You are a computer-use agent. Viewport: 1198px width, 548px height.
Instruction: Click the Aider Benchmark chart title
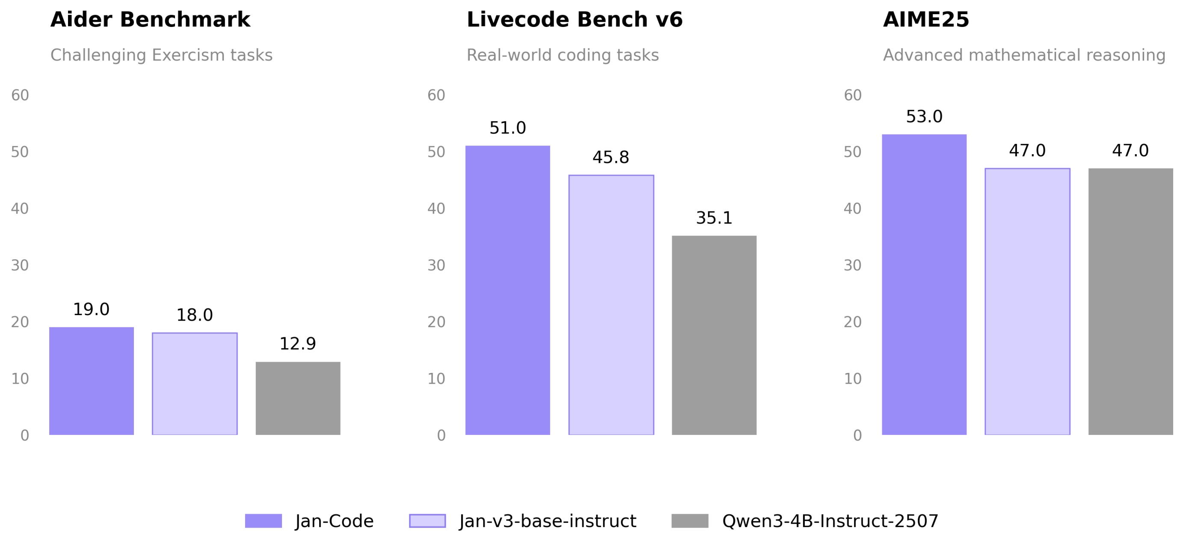[150, 20]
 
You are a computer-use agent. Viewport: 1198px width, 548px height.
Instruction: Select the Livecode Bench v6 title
[574, 20]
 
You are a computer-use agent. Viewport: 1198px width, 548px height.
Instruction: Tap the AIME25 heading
[926, 20]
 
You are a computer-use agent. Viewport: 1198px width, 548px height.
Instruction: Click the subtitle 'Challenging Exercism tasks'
[161, 55]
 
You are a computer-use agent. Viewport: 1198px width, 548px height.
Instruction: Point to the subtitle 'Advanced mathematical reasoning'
[1024, 55]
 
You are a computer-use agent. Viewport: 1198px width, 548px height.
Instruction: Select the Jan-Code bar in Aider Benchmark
[92, 381]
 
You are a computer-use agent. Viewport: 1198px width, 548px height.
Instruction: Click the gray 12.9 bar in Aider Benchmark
[298, 398]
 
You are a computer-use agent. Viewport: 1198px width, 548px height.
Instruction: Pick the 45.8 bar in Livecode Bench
[611, 305]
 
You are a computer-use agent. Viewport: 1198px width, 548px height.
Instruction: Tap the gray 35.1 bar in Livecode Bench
[715, 335]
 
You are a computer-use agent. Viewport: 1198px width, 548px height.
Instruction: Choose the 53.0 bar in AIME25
[924, 285]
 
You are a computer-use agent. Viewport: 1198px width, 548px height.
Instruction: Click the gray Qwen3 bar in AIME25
[1130, 301]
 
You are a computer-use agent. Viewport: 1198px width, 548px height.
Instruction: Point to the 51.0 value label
[507, 128]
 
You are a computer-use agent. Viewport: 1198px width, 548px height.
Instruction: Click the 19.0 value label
[91, 310]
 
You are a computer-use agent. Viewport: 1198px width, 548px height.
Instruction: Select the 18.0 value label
[194, 316]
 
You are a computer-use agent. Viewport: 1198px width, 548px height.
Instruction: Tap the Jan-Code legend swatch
[263, 521]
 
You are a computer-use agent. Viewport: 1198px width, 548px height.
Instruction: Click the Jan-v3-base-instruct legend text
[547, 521]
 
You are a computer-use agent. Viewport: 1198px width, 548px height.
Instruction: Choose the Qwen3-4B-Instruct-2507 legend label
[830, 521]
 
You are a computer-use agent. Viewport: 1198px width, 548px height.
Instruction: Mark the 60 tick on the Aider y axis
[20, 95]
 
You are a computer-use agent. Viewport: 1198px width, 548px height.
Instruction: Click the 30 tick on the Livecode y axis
[436, 265]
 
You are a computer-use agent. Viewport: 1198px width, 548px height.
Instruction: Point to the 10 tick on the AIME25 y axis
[852, 378]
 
